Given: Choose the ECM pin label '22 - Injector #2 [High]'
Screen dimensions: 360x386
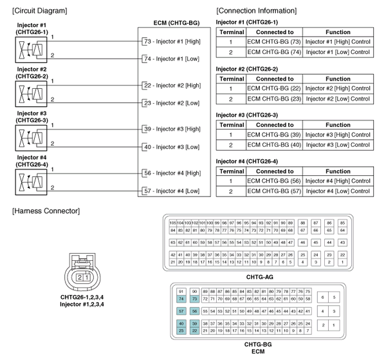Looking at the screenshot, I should tap(174, 85).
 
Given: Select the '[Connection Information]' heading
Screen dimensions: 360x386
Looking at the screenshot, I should tap(257, 10).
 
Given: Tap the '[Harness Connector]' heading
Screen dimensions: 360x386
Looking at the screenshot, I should tap(46, 211).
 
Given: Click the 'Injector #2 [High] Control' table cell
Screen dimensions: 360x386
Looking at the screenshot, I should tap(338, 88).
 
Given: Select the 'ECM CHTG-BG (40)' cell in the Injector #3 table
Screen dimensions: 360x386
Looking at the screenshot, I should tap(273, 145).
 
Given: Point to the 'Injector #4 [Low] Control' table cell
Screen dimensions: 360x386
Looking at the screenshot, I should tap(338, 191).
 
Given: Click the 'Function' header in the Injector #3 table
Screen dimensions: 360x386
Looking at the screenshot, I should tap(338, 124).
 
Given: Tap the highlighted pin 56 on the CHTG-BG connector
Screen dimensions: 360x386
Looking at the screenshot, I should tap(194, 310).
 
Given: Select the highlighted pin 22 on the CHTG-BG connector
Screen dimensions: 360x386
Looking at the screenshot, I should tap(194, 330).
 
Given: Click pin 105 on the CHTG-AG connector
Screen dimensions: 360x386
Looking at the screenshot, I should tap(173, 222).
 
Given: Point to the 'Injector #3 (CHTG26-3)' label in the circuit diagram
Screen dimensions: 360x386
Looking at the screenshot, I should tap(32, 117).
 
